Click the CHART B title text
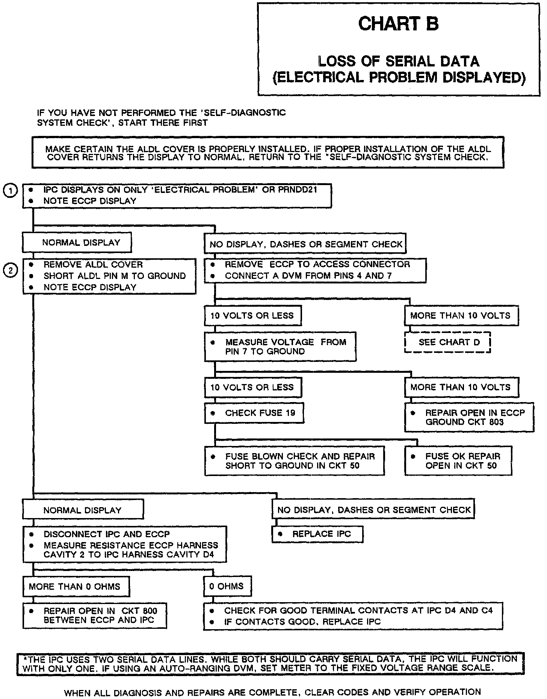tap(398, 24)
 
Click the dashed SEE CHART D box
tap(447, 342)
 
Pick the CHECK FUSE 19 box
tap(254, 413)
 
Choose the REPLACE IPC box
tap(317, 534)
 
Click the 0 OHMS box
tap(227, 586)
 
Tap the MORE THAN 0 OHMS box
tap(76, 586)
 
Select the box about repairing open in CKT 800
tap(95, 616)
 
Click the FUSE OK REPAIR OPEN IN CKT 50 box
tap(458, 461)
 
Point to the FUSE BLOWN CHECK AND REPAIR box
tap(295, 461)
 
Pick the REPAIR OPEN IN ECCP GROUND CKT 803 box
tap(469, 417)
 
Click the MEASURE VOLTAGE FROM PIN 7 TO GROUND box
tap(280, 346)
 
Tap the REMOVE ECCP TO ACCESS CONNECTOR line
tap(317, 264)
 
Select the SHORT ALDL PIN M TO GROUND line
tap(115, 276)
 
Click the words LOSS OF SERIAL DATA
tap(399, 61)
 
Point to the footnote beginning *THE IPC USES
tap(270, 663)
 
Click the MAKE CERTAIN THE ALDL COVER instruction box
tap(268, 153)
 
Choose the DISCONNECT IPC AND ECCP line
tap(107, 534)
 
